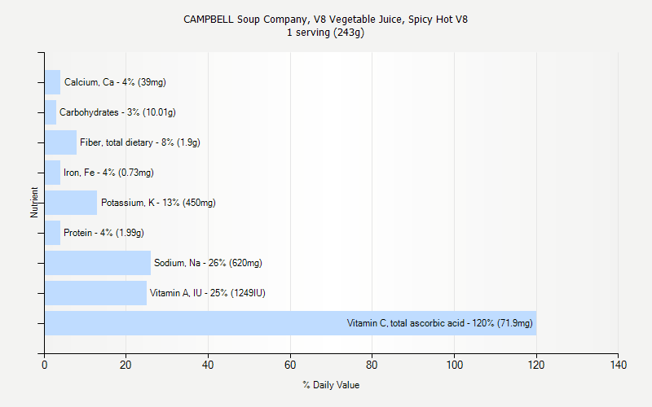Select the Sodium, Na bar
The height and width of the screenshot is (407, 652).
pyautogui.click(x=98, y=263)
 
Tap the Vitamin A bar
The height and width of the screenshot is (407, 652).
pyautogui.click(x=95, y=293)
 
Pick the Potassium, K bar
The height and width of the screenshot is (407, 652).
pyautogui.click(x=71, y=203)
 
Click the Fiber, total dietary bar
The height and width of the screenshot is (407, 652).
pyautogui.click(x=60, y=142)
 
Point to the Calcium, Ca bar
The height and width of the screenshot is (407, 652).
pyautogui.click(x=52, y=82)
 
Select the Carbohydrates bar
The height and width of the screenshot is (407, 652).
pyautogui.click(x=51, y=112)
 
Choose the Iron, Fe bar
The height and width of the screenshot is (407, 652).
pyautogui.click(x=52, y=173)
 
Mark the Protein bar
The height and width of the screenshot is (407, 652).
pyautogui.click(x=52, y=233)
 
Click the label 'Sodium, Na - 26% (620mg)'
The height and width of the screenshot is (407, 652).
pyautogui.click(x=208, y=263)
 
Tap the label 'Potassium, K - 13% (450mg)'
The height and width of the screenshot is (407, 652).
pyautogui.click(x=158, y=203)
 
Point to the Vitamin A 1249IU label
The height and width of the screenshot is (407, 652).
pyautogui.click(x=208, y=293)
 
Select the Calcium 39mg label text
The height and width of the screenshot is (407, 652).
pyautogui.click(x=115, y=82)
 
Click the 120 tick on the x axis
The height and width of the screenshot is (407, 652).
pyautogui.click(x=535, y=364)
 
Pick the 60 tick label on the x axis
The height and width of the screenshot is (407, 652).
pyautogui.click(x=290, y=364)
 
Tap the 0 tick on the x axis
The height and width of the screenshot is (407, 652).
pyautogui.click(x=45, y=364)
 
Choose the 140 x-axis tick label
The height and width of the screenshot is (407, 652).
pyautogui.click(x=618, y=364)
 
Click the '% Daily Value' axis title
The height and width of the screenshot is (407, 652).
pyautogui.click(x=331, y=385)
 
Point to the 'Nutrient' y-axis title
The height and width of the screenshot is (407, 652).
pyautogui.click(x=34, y=203)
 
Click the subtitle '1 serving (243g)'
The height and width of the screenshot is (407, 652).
pyautogui.click(x=325, y=33)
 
